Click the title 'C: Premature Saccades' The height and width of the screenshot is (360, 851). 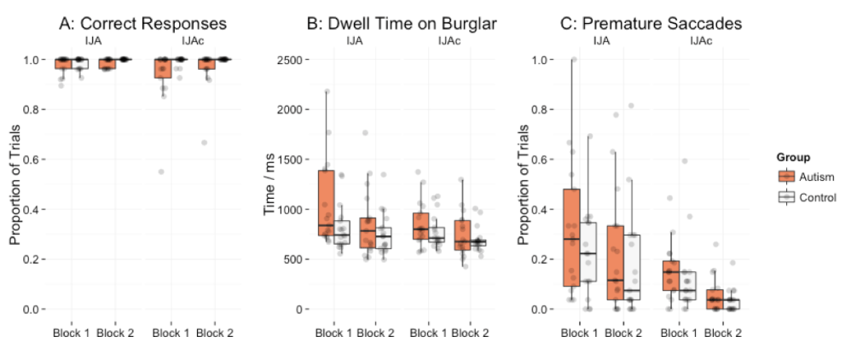pos(654,24)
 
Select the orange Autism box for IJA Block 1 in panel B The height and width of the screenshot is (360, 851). pos(326,203)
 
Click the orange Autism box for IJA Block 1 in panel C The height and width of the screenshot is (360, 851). pos(571,237)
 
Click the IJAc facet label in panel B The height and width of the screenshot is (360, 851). pos(449,40)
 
